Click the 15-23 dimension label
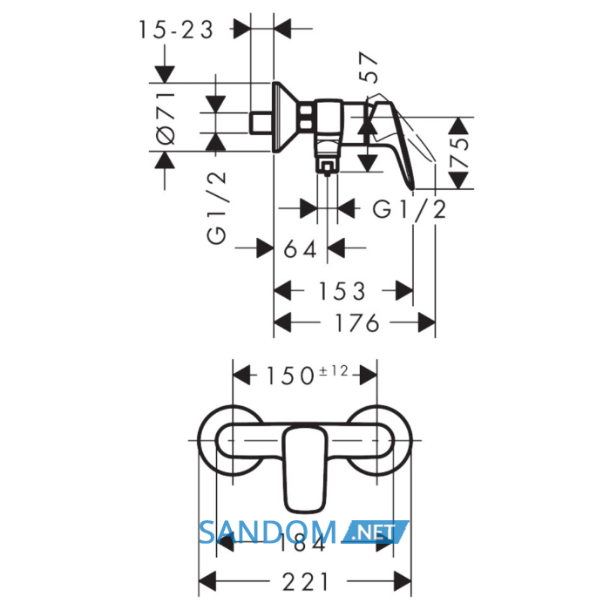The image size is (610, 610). tap(176, 30)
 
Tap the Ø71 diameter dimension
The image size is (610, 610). tap(166, 119)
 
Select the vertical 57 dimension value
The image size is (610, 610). tap(369, 68)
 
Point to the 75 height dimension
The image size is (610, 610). tap(458, 152)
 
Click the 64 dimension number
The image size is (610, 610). tap(301, 249)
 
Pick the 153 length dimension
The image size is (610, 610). tap(342, 291)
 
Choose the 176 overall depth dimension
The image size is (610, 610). tap(357, 323)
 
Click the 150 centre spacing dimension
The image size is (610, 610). tap(290, 376)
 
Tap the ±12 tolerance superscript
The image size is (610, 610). tap(334, 370)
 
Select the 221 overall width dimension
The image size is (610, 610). tap(305, 582)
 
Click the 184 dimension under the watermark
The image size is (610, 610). tap(302, 543)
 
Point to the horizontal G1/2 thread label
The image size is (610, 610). tap(410, 210)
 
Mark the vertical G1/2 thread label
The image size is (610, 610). tap(216, 207)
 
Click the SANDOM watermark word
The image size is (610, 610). tap(268, 532)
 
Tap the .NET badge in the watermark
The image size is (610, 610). tap(375, 532)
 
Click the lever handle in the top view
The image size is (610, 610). tap(305, 469)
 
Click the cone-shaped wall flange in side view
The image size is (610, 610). tap(285, 117)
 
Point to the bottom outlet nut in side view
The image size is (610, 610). tap(328, 166)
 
